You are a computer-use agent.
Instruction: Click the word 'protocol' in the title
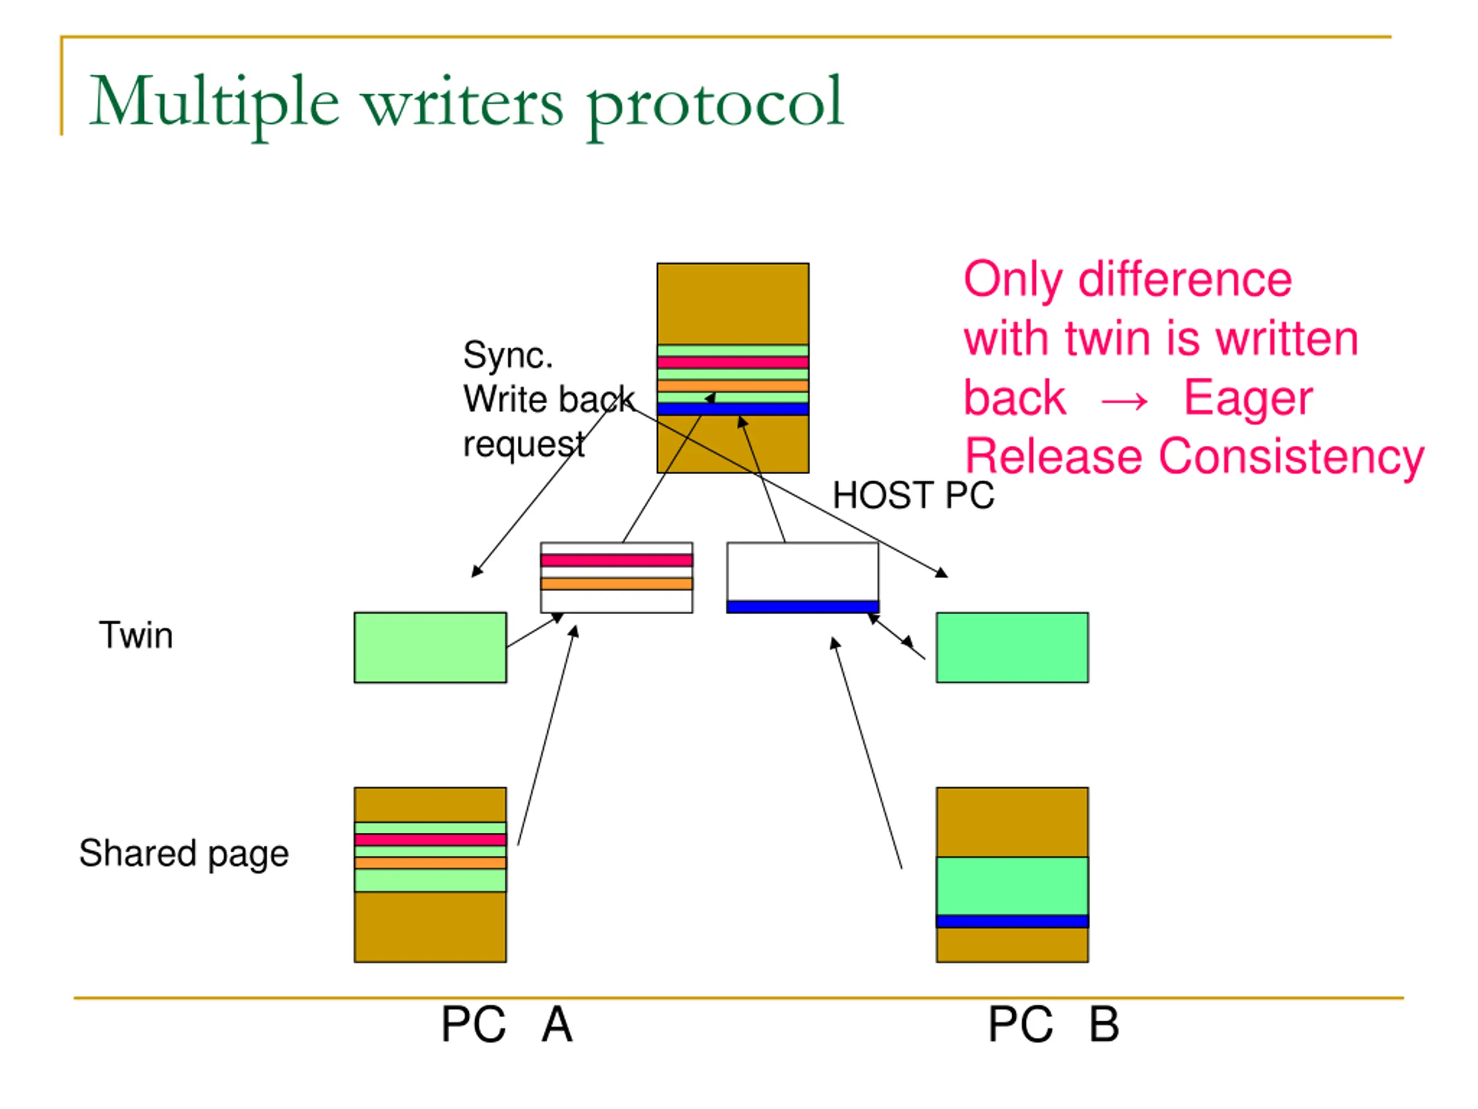[x=715, y=103]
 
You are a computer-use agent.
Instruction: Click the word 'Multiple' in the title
[x=214, y=103]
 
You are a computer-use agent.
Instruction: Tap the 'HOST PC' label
[x=913, y=496]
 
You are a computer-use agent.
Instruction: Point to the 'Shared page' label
[x=184, y=853]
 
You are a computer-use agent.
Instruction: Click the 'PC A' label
[x=506, y=1025]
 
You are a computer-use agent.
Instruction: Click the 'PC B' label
[x=1053, y=1025]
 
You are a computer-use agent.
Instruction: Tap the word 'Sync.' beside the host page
[x=508, y=355]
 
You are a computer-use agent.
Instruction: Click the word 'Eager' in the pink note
[x=1248, y=399]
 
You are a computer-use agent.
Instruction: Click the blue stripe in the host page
[x=732, y=409]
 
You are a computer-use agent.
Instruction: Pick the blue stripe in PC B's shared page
[x=1012, y=921]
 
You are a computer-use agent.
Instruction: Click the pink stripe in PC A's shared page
[x=430, y=840]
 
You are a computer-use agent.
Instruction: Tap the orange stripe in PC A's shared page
[x=430, y=863]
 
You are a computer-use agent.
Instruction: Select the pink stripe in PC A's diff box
[x=616, y=560]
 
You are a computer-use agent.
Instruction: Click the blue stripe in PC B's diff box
[x=803, y=606]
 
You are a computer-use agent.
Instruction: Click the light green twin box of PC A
[x=430, y=647]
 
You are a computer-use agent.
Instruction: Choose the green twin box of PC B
[x=1012, y=647]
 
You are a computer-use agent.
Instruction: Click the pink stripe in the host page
[x=732, y=362]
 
